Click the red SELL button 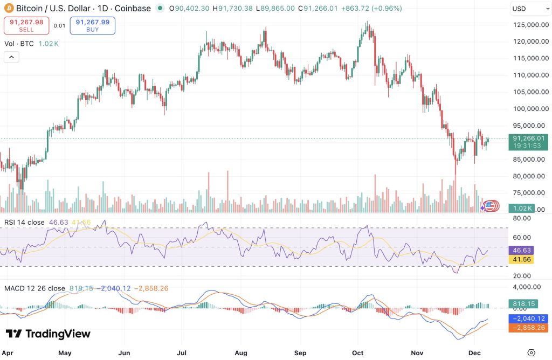pyautogui.click(x=26, y=25)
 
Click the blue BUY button pyautogui.click(x=92, y=25)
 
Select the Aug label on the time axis pyautogui.click(x=241, y=353)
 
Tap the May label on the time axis pyautogui.click(x=65, y=353)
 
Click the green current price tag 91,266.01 pyautogui.click(x=526, y=137)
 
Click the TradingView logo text pyautogui.click(x=49, y=334)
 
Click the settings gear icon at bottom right pyautogui.click(x=532, y=352)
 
